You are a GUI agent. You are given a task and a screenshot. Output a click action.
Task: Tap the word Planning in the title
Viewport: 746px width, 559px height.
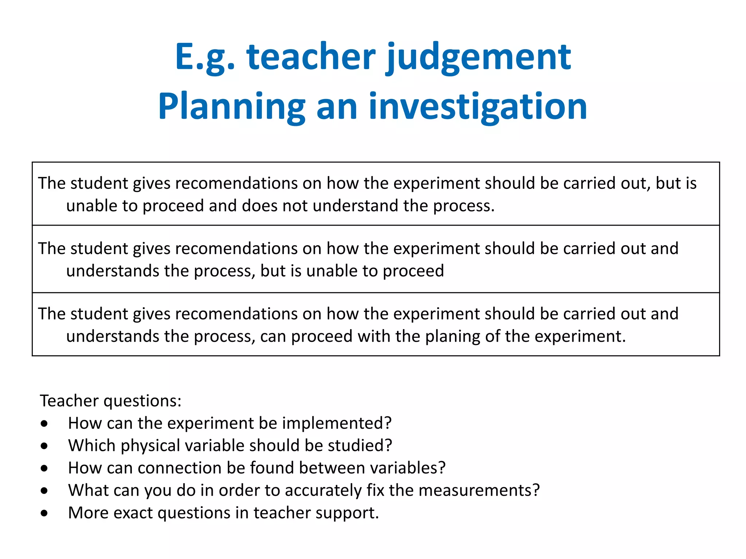231,107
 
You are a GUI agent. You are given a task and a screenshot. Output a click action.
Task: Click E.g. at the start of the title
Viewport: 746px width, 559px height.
205,58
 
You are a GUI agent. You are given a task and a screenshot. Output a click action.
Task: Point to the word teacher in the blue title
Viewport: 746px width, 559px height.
311,58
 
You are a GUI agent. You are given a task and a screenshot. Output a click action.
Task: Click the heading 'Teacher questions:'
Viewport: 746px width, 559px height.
111,401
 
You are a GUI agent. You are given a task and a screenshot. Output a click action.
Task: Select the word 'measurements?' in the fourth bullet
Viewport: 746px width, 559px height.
479,491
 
